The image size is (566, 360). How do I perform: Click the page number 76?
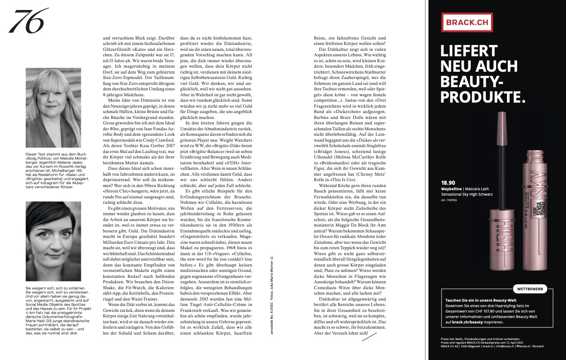[28, 21]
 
